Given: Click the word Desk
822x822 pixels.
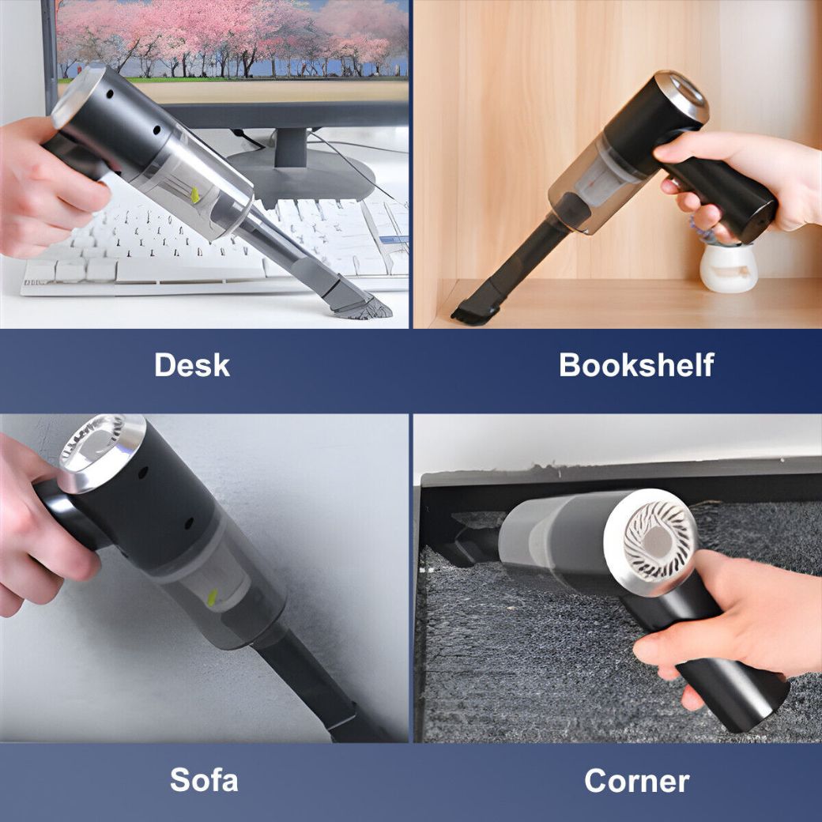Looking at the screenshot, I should click(x=192, y=365).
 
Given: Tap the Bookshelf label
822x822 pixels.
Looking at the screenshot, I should click(x=636, y=365).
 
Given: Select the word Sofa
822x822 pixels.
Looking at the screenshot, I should click(x=204, y=781).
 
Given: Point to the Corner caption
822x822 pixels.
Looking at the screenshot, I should click(x=636, y=781).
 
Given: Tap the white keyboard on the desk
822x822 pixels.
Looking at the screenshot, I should click(x=158, y=245).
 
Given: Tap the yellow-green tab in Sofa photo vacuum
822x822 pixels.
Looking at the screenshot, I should click(x=212, y=598).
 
